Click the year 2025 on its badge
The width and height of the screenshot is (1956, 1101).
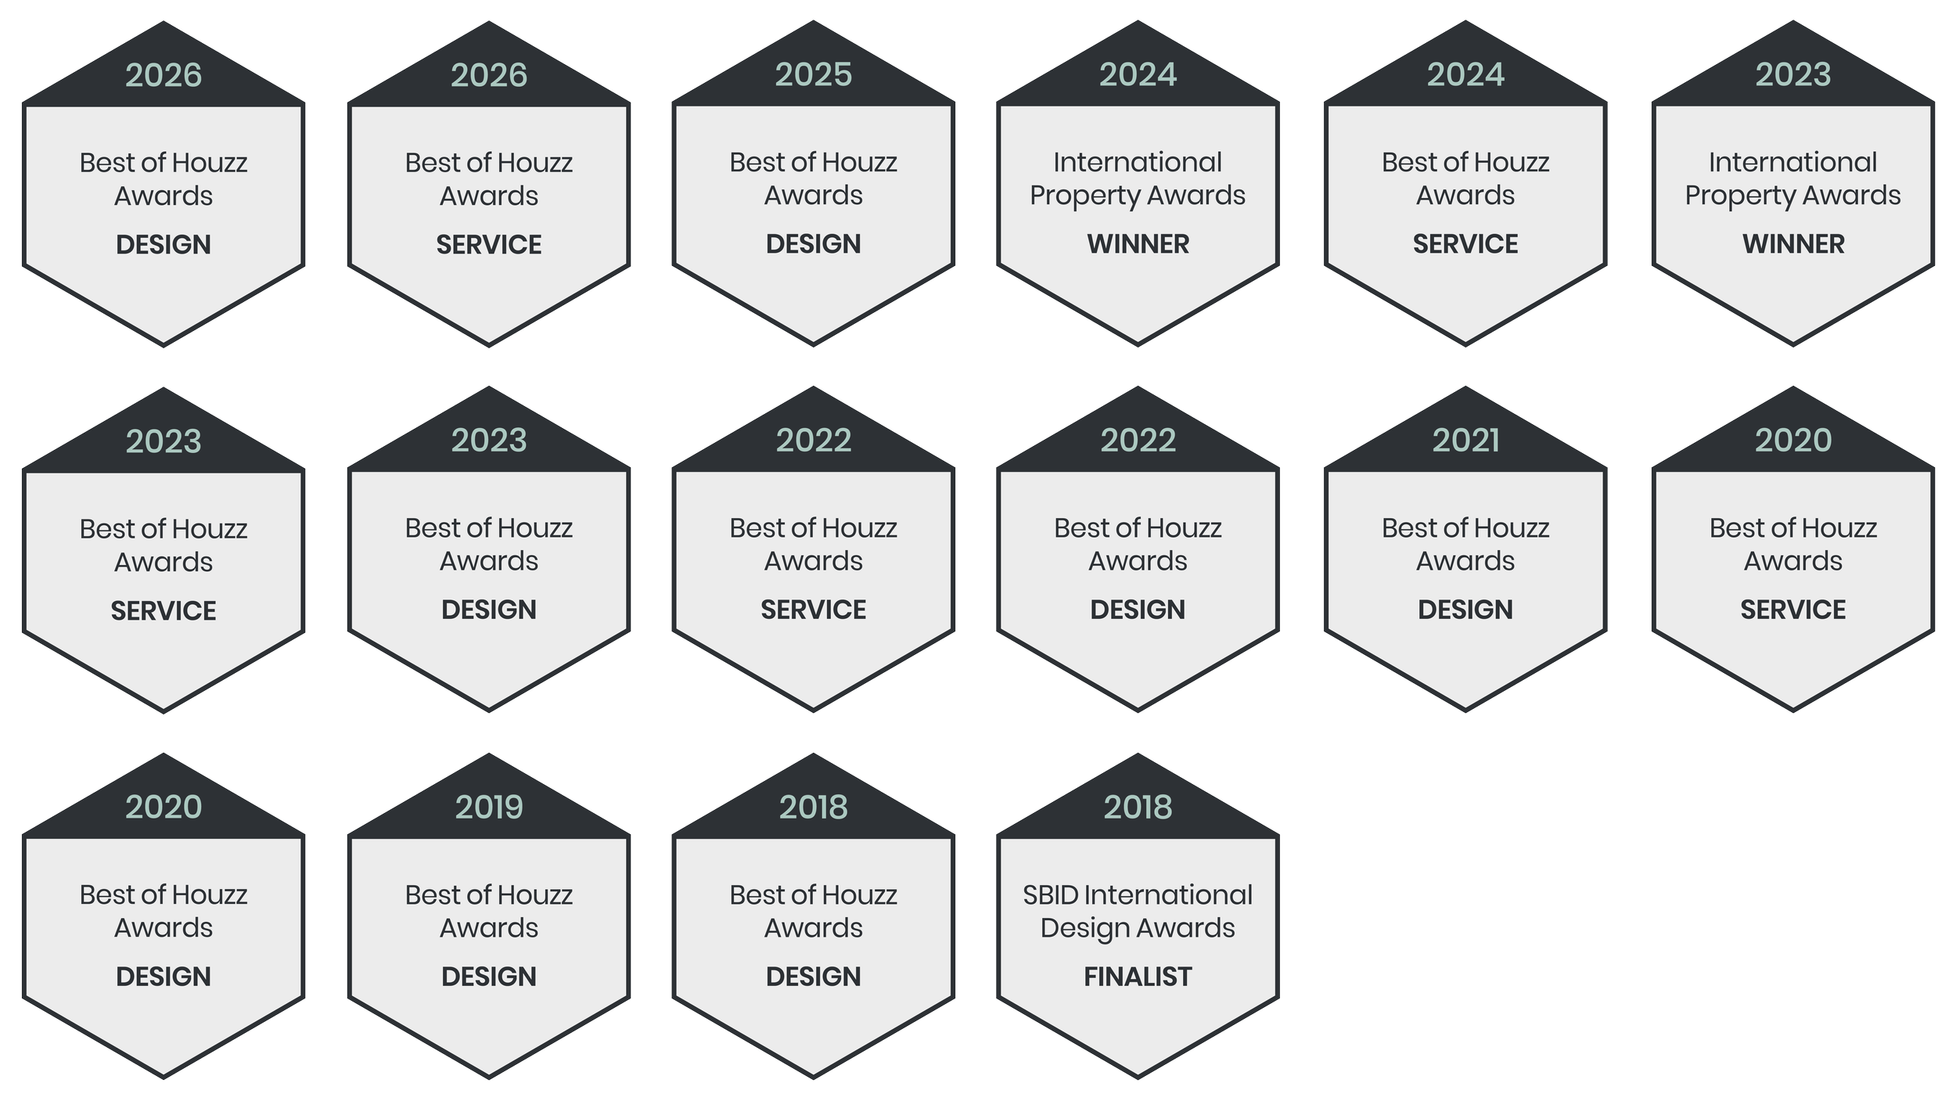pyautogui.click(x=813, y=74)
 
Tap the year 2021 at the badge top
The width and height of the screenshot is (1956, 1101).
pyautogui.click(x=1465, y=441)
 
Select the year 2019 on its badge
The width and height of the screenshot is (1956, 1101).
pyautogui.click(x=489, y=807)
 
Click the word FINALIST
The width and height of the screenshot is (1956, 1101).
pyautogui.click(x=1138, y=977)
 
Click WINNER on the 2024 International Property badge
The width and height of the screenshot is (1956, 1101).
pyautogui.click(x=1138, y=244)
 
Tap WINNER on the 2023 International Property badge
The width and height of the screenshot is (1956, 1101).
pyautogui.click(x=1792, y=244)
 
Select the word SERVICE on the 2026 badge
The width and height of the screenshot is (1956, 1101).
pyautogui.click(x=489, y=245)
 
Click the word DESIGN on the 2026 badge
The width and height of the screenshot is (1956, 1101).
pyautogui.click(x=164, y=245)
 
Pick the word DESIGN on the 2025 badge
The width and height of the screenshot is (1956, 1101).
pyautogui.click(x=813, y=244)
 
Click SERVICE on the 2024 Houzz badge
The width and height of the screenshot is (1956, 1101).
pyautogui.click(x=1465, y=244)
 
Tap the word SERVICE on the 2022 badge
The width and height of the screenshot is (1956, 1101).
pyautogui.click(x=813, y=610)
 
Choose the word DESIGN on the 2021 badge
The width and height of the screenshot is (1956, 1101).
pyautogui.click(x=1465, y=610)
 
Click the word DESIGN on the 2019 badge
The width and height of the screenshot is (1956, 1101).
pyautogui.click(x=489, y=977)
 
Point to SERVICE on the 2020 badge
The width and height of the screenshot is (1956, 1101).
pyautogui.click(x=1792, y=610)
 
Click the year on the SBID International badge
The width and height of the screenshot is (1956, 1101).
pyautogui.click(x=1138, y=807)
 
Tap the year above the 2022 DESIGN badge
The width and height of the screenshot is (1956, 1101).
pyautogui.click(x=1138, y=441)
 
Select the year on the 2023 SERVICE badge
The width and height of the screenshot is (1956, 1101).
pyautogui.click(x=164, y=441)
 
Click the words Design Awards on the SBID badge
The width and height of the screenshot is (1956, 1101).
pyautogui.click(x=1138, y=928)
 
